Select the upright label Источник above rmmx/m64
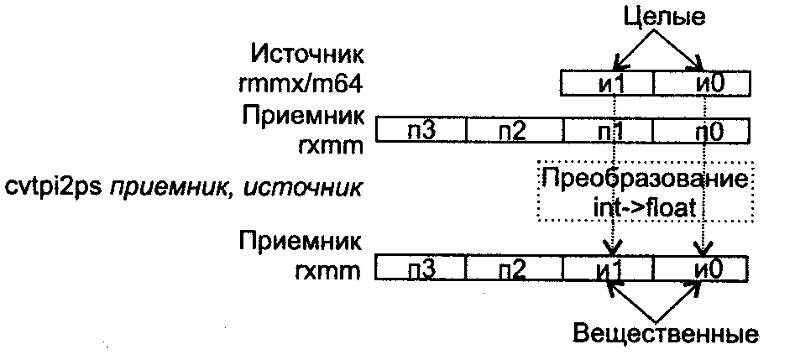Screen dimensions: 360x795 point(308,57)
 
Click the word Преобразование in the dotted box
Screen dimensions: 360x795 point(643,180)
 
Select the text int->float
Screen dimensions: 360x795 point(644,206)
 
